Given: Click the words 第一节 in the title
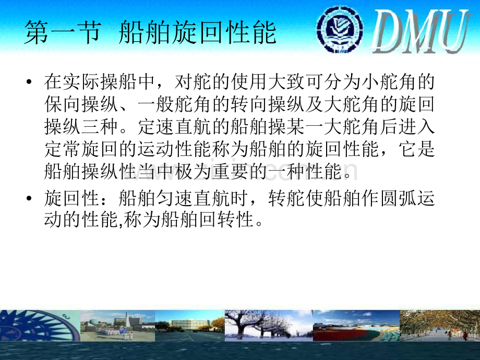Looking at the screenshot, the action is tap(63, 32).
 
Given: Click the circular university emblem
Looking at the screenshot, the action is tap(340, 29).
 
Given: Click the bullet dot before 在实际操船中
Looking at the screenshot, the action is tap(29, 82).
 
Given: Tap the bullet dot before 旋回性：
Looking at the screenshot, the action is tap(29, 199).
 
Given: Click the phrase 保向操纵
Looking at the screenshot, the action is tap(81, 104).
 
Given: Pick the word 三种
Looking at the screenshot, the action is tap(100, 126).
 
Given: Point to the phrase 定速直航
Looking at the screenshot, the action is tap(175, 126).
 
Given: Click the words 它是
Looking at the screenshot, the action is tap(417, 149).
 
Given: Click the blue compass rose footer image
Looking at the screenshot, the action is tap(40, 326).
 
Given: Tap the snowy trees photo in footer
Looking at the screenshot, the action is tap(269, 326).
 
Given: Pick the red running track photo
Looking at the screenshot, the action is tap(356, 326).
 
